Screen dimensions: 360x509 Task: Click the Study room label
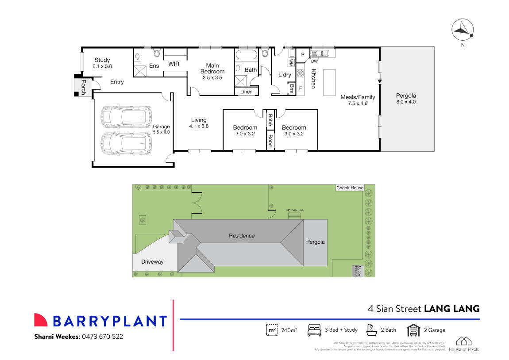click(x=102, y=60)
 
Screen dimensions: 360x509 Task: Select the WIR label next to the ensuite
click(x=174, y=64)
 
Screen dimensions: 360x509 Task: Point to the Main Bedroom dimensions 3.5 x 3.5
click(x=212, y=77)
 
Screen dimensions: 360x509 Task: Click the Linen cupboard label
click(x=246, y=92)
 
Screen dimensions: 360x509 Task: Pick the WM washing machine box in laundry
click(x=291, y=62)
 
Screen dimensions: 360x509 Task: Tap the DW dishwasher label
click(x=315, y=61)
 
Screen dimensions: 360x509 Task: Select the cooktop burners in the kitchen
click(x=300, y=73)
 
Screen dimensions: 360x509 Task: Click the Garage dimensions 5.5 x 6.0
click(x=161, y=132)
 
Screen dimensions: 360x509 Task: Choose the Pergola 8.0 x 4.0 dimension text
click(x=406, y=102)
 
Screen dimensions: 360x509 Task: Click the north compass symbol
click(x=462, y=30)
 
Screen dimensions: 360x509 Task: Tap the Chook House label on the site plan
click(x=350, y=188)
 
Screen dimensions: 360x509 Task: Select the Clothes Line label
click(x=294, y=210)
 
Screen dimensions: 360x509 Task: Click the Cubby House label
click(x=355, y=271)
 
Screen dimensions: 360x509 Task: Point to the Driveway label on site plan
click(x=152, y=262)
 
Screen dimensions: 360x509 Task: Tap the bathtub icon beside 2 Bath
click(x=371, y=330)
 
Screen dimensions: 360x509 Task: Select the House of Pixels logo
click(x=463, y=344)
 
